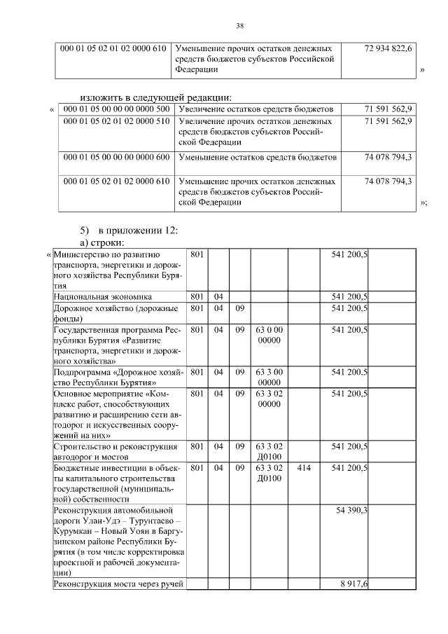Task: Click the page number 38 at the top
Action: pyautogui.click(x=239, y=26)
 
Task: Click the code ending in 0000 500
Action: pyautogui.click(x=116, y=109)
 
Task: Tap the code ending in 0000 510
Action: pyautogui.click(x=116, y=121)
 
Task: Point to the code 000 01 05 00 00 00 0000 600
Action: pyautogui.click(x=116, y=157)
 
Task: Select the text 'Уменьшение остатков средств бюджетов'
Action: pyautogui.click(x=258, y=157)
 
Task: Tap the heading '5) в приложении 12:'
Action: pyautogui.click(x=129, y=230)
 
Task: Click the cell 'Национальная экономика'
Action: pyautogui.click(x=103, y=297)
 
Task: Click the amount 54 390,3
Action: pyautogui.click(x=351, y=510)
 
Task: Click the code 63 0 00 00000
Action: pyautogui.click(x=268, y=334)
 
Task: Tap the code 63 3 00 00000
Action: pyautogui.click(x=268, y=377)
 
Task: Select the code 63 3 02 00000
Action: pyautogui.click(x=268, y=399)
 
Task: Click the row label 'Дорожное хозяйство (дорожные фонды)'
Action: pyautogui.click(x=116, y=313)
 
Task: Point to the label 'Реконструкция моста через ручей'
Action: pyautogui.click(x=118, y=584)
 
